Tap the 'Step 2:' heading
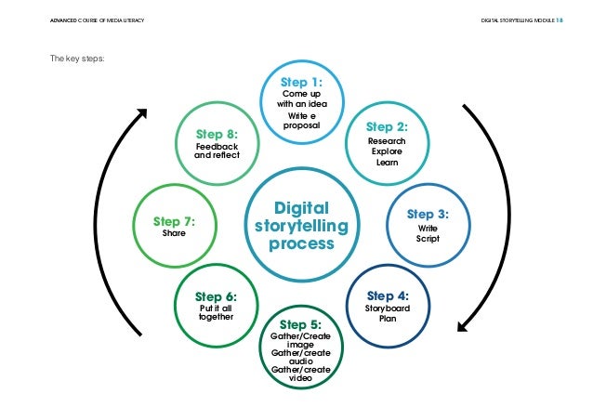coord(386,126)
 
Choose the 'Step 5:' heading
coord(299,324)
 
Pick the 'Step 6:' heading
coord(216,296)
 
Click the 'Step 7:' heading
coord(173,221)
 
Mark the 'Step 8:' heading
coord(217,133)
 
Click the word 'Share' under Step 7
coord(174,234)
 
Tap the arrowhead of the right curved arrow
coord(460,324)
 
